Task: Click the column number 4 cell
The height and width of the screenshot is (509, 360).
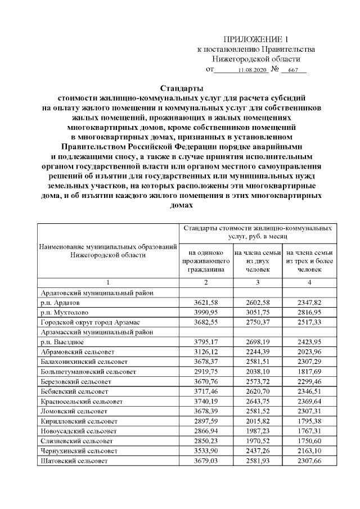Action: tap(309, 282)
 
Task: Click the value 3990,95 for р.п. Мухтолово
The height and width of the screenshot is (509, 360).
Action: tap(206, 312)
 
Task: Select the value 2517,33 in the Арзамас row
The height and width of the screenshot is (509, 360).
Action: tap(309, 322)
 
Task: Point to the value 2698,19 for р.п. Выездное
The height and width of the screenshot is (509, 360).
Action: tap(258, 342)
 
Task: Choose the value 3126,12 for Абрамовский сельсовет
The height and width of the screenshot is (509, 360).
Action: tap(206, 352)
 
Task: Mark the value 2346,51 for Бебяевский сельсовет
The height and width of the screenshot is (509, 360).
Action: tap(309, 391)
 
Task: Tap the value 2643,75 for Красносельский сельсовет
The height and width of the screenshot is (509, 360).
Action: tap(258, 401)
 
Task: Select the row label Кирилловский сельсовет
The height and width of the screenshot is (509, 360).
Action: tap(79, 421)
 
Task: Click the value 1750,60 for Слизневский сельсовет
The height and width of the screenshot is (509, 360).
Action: tap(309, 440)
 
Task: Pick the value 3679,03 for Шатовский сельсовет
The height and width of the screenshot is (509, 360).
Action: tap(206, 461)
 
